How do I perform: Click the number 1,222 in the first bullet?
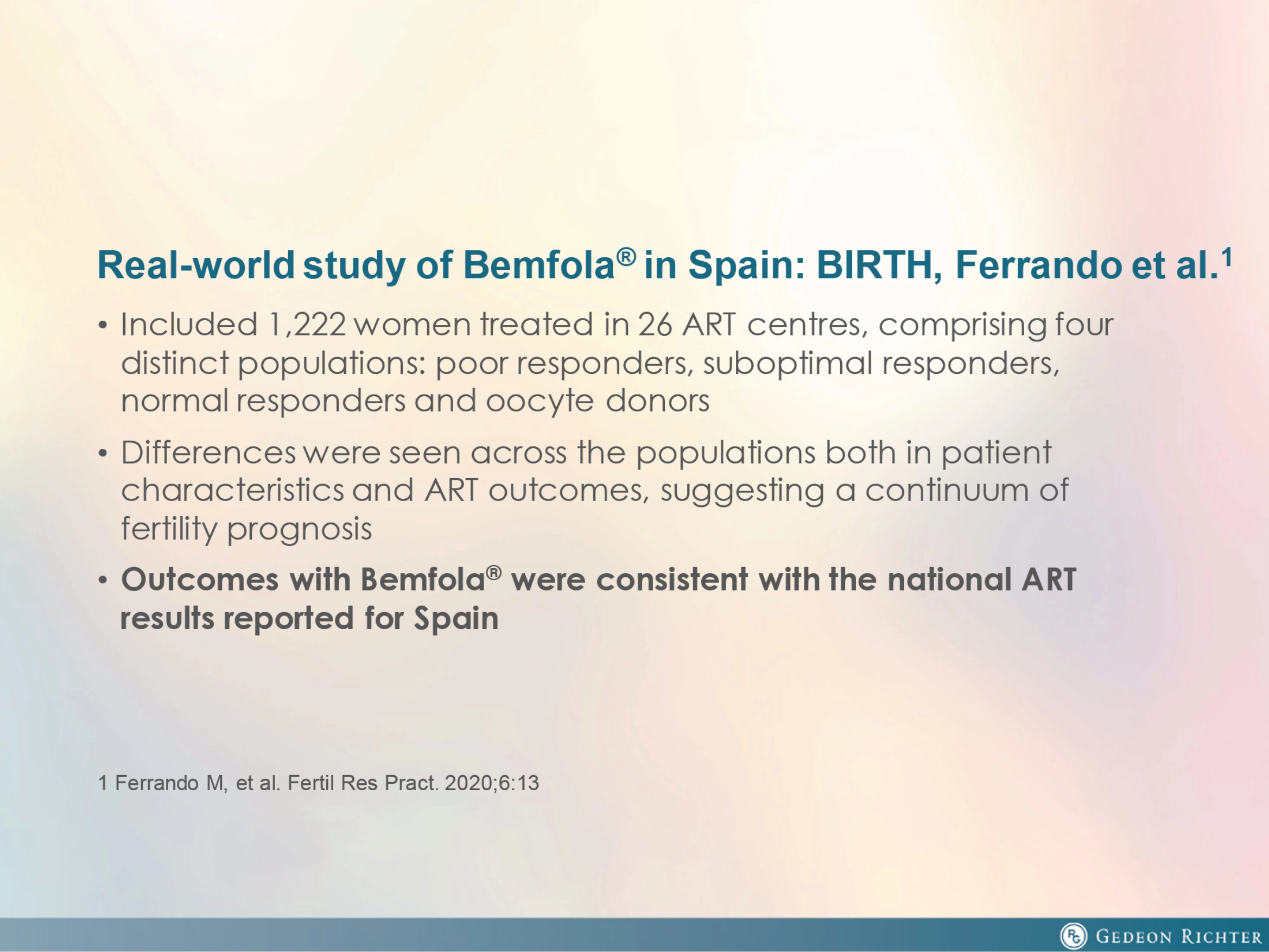pyautogui.click(x=307, y=325)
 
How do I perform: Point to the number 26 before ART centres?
pyautogui.click(x=655, y=325)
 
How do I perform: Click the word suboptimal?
pyautogui.click(x=788, y=364)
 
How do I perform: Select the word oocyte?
pyautogui.click(x=540, y=401)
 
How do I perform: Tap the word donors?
pyautogui.click(x=657, y=400)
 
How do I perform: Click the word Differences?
pyautogui.click(x=208, y=452)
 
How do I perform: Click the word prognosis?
pyautogui.click(x=300, y=529)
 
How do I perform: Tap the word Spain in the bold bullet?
pyautogui.click(x=456, y=619)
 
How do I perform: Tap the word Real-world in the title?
pyautogui.click(x=195, y=265)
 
